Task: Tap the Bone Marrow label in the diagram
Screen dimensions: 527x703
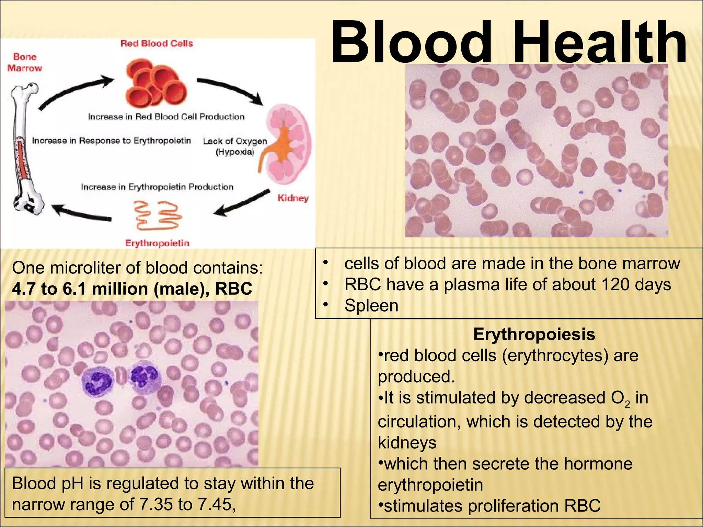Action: click(24, 62)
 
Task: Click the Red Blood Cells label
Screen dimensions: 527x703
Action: click(157, 44)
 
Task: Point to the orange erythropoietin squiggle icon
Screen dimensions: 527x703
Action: click(157, 215)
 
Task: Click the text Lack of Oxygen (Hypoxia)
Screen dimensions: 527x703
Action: click(235, 146)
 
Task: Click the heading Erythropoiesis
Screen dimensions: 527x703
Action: click(534, 334)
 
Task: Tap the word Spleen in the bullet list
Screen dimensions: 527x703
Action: click(371, 305)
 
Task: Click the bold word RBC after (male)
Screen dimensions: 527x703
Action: click(233, 289)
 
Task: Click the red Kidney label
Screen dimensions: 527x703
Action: click(293, 198)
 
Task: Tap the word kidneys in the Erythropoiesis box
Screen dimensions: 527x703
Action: click(407, 442)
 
